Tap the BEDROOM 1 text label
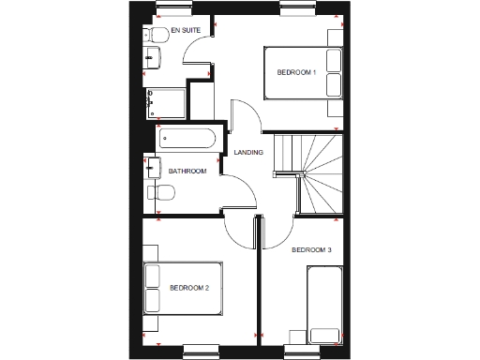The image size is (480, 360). coord(295,72)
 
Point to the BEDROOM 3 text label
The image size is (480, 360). coord(310,249)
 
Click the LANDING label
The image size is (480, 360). coord(247,152)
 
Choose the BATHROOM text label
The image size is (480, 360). coord(187,172)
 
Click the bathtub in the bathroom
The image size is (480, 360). coord(187,140)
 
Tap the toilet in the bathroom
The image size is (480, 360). coord(163,193)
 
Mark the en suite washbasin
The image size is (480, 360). coord(155,60)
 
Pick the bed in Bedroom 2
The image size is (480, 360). coord(178,288)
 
